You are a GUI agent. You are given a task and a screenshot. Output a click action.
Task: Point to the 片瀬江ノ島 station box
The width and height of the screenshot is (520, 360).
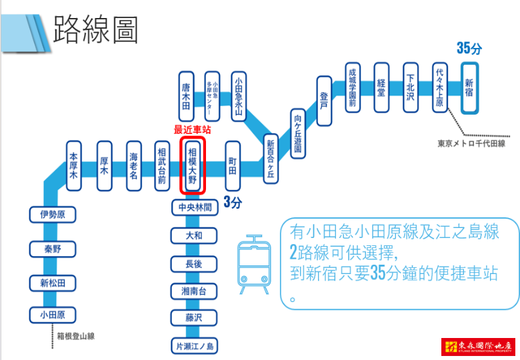[193, 347]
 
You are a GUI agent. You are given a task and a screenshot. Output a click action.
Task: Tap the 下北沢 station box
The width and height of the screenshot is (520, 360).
[411, 89]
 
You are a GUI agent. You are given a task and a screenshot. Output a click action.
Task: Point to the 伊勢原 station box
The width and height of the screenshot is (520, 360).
[53, 215]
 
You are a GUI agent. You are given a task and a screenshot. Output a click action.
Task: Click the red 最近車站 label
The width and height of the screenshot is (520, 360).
[193, 129]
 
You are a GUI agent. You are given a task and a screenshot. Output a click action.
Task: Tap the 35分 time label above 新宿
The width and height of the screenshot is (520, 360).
[469, 48]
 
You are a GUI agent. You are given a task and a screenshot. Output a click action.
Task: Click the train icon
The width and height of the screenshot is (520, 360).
[254, 265]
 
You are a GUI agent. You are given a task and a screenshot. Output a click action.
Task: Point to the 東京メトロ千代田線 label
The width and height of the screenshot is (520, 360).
[471, 143]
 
